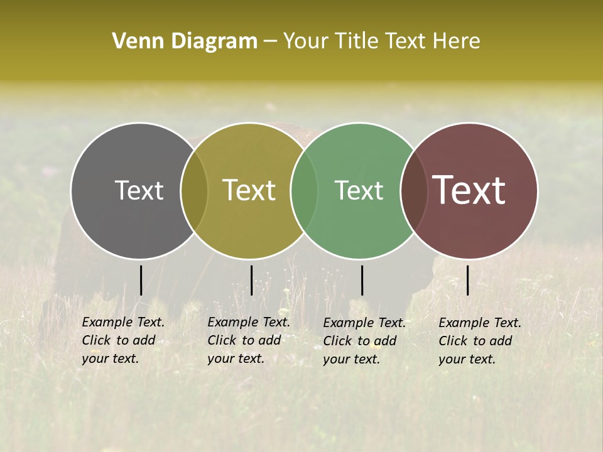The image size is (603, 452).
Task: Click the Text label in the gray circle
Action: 139,190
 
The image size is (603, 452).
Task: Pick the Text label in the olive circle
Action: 249,190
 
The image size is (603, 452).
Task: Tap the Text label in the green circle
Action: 359,190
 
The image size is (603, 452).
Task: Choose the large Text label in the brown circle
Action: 469,190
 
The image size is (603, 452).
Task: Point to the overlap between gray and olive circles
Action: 194,190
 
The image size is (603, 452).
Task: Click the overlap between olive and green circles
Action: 303,190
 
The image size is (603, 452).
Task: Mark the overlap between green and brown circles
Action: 411,190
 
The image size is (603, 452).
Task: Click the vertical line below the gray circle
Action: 141,280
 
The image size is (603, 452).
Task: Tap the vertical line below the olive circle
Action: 251,280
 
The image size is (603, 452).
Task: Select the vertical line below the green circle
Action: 362,280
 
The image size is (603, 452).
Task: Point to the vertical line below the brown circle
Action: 468,280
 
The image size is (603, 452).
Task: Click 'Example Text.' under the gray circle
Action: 123,322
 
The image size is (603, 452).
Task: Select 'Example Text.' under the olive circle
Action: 249,322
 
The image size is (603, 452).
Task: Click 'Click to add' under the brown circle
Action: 475,341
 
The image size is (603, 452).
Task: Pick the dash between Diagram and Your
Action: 270,41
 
